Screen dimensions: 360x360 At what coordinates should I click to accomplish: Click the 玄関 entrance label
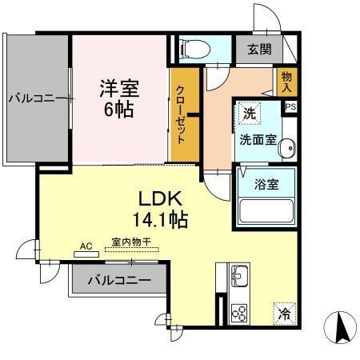(x=258, y=50)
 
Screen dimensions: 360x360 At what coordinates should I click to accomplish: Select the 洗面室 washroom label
(x=258, y=140)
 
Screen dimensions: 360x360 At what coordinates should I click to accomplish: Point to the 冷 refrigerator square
(x=284, y=314)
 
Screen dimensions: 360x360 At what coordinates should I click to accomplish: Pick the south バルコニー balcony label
(x=118, y=281)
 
